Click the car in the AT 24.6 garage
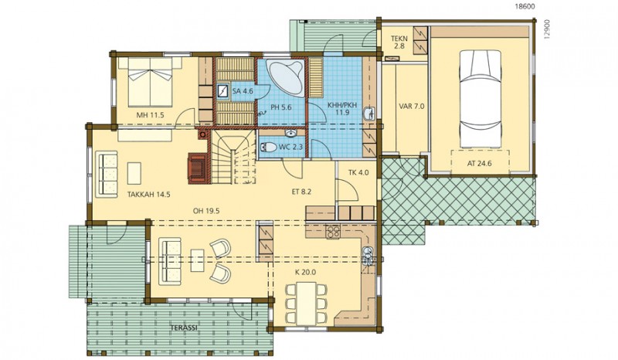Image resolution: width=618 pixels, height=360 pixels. tap(480, 100)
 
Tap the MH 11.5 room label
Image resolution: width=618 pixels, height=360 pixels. tap(150, 115)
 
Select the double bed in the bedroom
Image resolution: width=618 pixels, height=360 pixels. tap(150, 82)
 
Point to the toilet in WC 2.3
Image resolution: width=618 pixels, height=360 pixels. tap(268, 148)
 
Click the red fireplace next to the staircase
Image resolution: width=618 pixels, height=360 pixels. tap(197, 168)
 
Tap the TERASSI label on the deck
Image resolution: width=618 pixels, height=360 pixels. tap(184, 328)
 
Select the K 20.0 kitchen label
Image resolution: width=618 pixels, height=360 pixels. tap(305, 272)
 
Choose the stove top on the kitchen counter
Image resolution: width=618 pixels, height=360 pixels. tap(333, 232)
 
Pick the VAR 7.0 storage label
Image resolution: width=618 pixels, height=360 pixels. tap(412, 106)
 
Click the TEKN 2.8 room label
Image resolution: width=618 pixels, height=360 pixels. tap(399, 42)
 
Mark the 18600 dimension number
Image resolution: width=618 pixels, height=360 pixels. tap(525, 6)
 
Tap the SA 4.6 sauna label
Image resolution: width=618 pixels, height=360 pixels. tap(243, 91)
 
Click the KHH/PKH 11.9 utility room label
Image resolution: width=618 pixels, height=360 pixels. tap(342, 108)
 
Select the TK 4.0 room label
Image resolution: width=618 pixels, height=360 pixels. tap(358, 172)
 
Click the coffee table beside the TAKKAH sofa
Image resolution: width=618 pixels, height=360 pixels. tap(134, 173)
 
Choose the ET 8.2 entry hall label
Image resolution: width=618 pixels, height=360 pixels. tap(301, 192)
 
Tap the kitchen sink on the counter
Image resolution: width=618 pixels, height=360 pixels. tap(368, 253)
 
